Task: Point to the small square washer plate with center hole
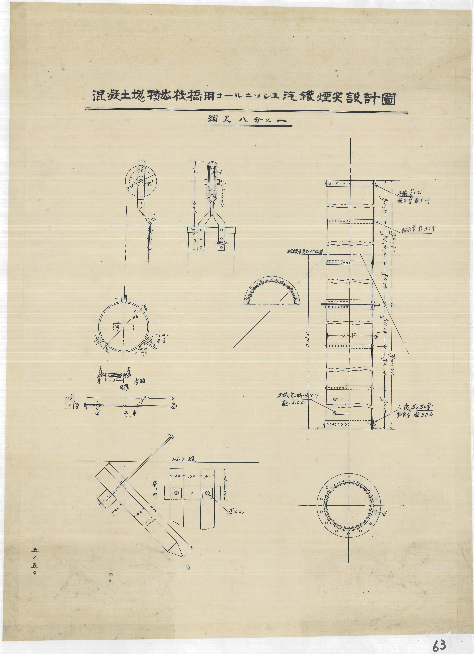(x=70, y=405)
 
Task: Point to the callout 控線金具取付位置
(x=304, y=251)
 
